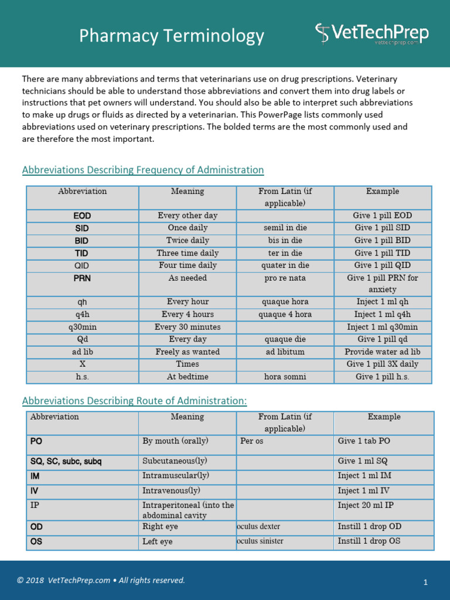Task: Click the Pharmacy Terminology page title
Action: click(x=172, y=36)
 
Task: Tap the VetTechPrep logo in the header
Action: click(x=372, y=33)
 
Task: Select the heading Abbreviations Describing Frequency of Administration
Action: click(x=143, y=170)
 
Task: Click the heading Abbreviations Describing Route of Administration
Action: click(x=134, y=401)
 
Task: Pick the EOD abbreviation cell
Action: click(x=83, y=216)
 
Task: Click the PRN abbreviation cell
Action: click(x=83, y=278)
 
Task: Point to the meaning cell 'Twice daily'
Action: click(x=187, y=240)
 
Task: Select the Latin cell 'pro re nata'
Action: click(x=285, y=278)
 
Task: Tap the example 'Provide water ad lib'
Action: click(x=382, y=352)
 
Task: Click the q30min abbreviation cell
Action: click(x=83, y=327)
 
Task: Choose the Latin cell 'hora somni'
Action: click(x=285, y=377)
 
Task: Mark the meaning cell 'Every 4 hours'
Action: click(x=187, y=315)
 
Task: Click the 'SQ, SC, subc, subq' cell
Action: click(x=66, y=461)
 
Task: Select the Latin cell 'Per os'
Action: click(x=252, y=441)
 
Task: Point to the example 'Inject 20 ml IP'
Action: click(x=366, y=504)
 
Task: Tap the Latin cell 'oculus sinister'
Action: click(x=260, y=541)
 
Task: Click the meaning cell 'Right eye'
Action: click(x=160, y=527)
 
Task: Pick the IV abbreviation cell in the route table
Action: click(x=35, y=490)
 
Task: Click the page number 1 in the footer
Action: click(x=426, y=582)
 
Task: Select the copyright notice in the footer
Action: click(x=101, y=581)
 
